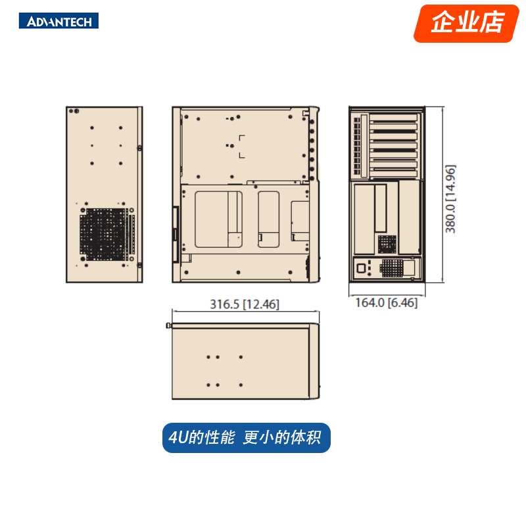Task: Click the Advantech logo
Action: (x=63, y=21)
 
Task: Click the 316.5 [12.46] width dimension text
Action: (x=245, y=304)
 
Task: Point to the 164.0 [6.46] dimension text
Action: (x=386, y=303)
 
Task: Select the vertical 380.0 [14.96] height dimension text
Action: (x=450, y=198)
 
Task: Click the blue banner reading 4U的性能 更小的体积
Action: (x=246, y=438)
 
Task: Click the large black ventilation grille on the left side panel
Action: (x=103, y=233)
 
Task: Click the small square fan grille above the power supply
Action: (x=387, y=244)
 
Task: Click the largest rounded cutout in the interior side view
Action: (x=218, y=220)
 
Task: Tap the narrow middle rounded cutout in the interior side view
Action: (x=268, y=219)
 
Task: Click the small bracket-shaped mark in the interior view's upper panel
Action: (x=242, y=147)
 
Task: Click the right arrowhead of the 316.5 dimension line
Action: (x=318, y=311)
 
